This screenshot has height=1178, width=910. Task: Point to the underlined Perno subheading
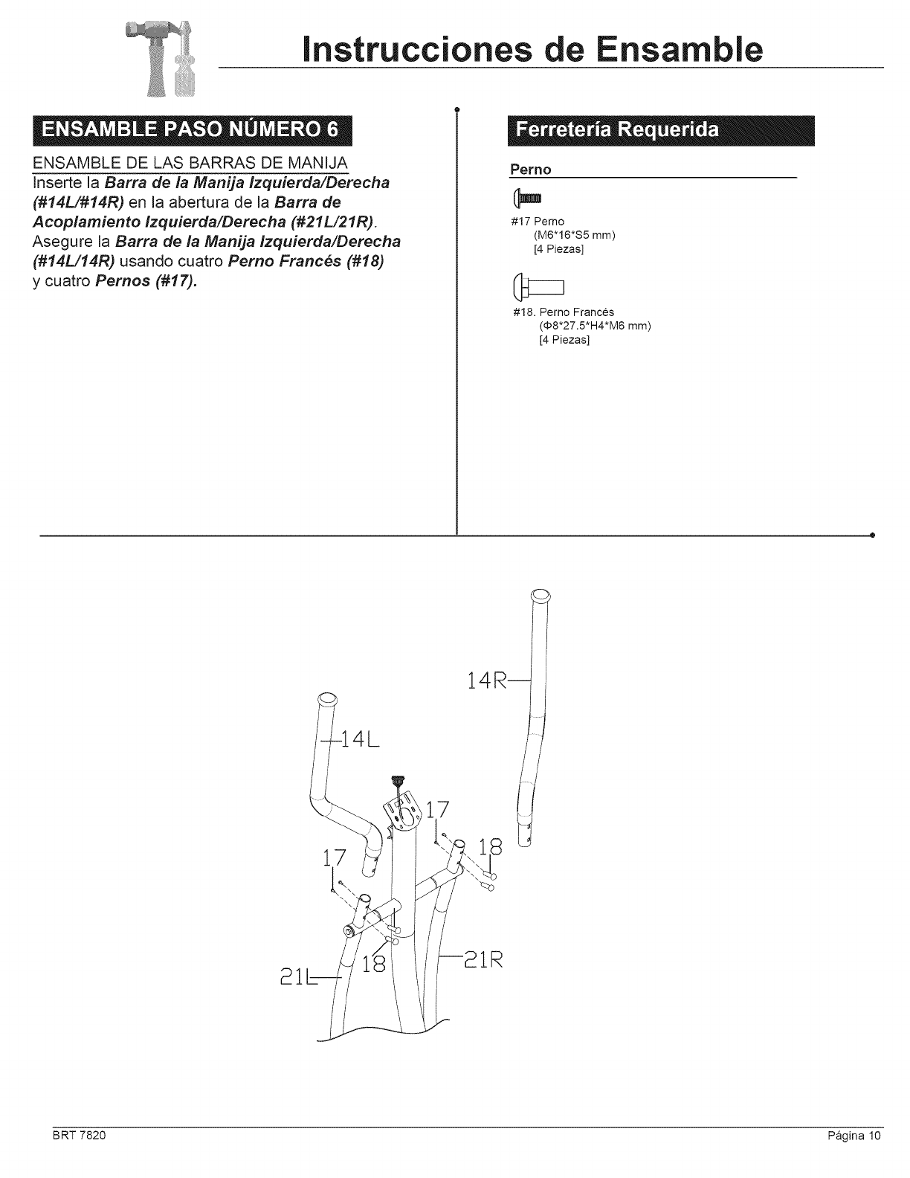tap(530, 170)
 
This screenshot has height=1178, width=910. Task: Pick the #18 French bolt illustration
tap(539, 286)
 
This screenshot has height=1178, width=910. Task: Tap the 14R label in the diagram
tap(488, 680)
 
